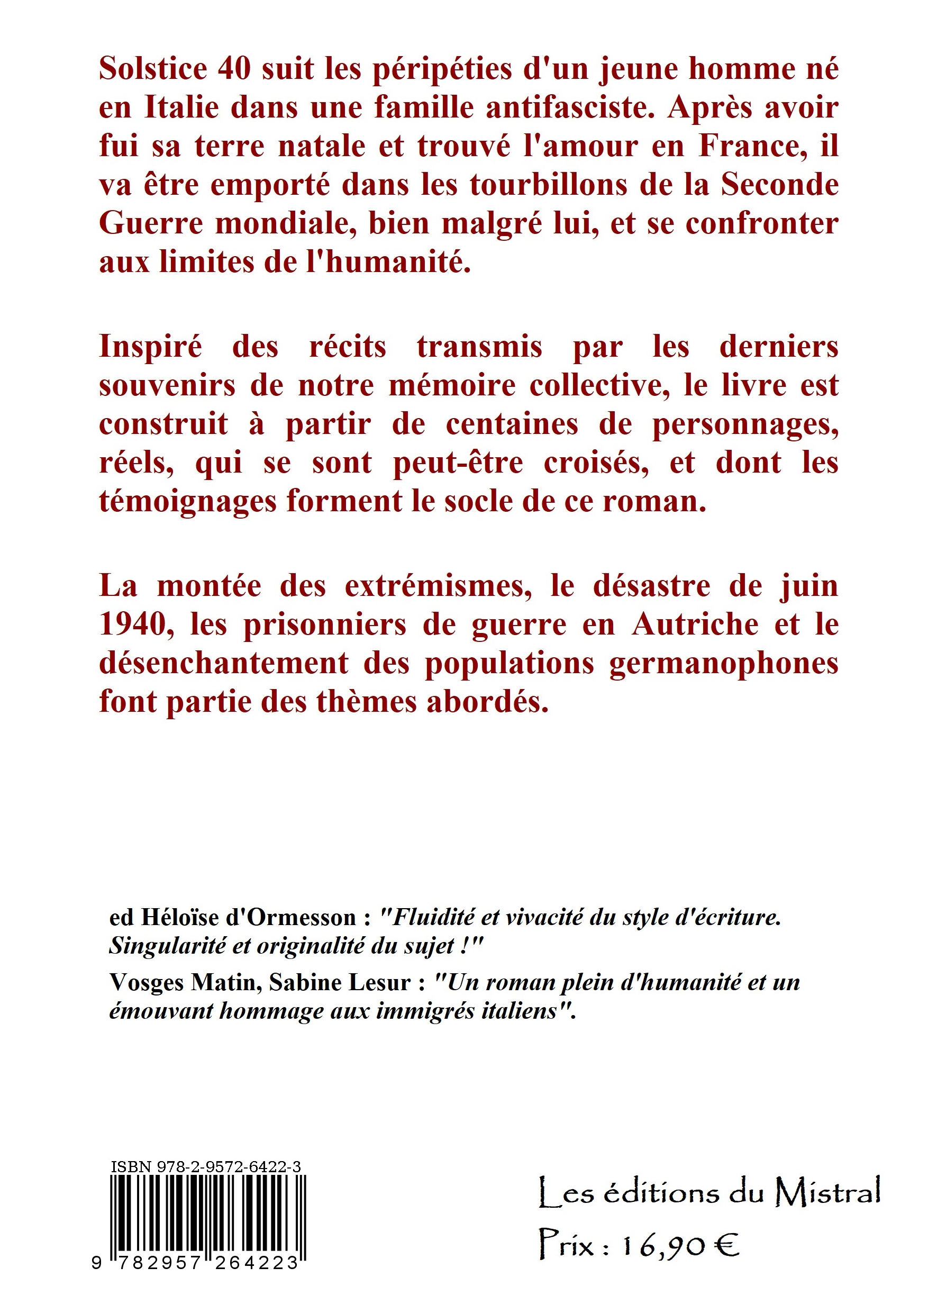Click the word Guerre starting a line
click(150, 224)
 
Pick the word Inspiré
click(150, 348)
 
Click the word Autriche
click(695, 625)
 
